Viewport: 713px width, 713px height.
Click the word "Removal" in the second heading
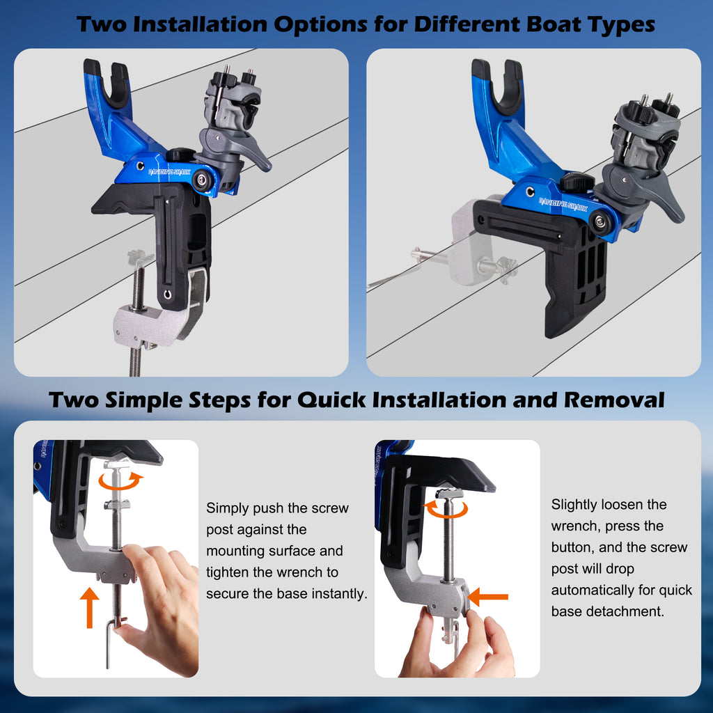[x=614, y=400]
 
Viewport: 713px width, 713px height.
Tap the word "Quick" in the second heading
[x=331, y=400]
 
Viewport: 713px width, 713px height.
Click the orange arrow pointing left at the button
[x=487, y=597]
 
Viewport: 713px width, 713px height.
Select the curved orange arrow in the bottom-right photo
[x=445, y=509]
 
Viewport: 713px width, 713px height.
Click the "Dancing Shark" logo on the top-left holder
[x=169, y=171]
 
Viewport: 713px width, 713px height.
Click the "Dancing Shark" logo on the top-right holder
[x=563, y=204]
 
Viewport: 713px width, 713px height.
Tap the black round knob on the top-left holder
[x=181, y=155]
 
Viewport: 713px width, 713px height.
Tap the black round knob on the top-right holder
[x=577, y=182]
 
